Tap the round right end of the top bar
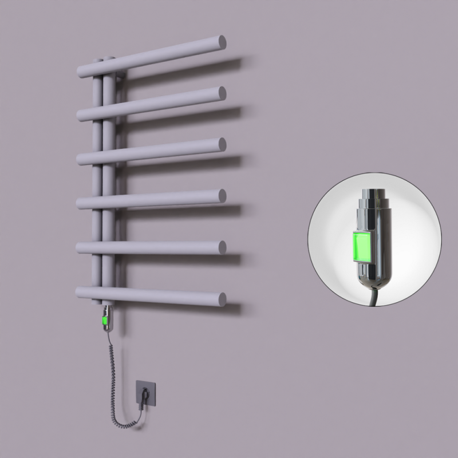click(220, 42)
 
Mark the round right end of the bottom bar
click(220, 298)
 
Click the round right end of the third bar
click(221, 144)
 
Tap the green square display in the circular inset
click(362, 246)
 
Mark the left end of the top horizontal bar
click(82, 71)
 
